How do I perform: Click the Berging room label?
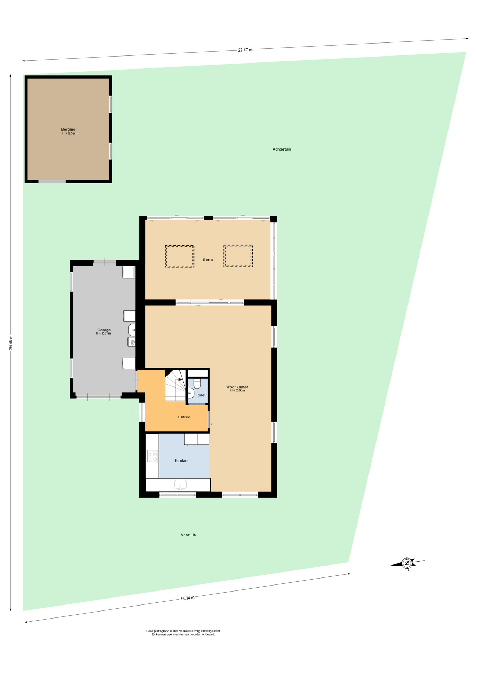point(68,130)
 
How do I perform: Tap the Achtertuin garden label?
point(282,149)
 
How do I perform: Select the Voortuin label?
point(188,535)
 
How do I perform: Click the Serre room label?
point(208,260)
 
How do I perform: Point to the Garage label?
point(104,330)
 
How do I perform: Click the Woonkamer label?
point(237,387)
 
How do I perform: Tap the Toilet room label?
point(201,395)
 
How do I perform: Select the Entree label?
point(184,417)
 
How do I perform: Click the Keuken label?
point(182,461)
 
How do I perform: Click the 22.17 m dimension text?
point(245,50)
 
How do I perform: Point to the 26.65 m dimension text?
point(11,342)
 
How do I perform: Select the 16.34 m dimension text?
point(188,598)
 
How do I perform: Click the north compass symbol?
point(407,563)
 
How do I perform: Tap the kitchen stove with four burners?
point(152,456)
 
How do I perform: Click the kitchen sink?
point(181,485)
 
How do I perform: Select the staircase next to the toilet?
point(176,385)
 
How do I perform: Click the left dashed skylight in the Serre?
point(179,257)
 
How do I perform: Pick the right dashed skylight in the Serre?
point(238,256)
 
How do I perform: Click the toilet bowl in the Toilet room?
point(197,383)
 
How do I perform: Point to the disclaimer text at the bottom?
point(183,633)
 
